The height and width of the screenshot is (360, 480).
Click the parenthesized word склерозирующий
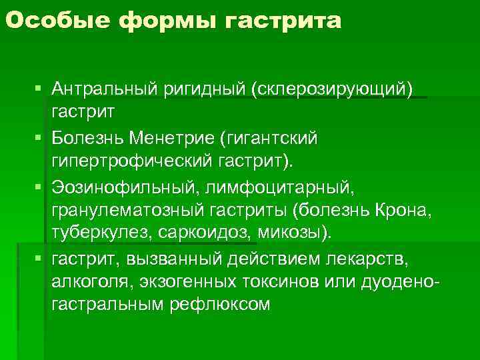point(333,89)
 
